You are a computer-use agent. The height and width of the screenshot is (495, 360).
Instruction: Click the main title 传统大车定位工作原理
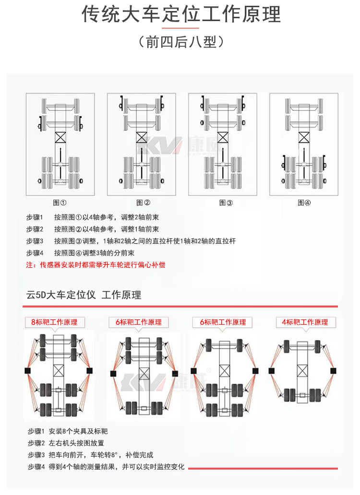click(181, 15)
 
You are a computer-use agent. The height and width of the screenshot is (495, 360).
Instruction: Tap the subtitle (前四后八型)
click(181, 42)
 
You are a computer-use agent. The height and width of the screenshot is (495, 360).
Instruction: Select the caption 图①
click(60, 202)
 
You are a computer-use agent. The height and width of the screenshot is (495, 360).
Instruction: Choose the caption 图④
click(304, 202)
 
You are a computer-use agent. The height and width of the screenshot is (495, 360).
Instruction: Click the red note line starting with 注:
click(96, 264)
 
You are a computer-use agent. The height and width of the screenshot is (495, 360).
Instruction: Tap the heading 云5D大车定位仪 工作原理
click(84, 295)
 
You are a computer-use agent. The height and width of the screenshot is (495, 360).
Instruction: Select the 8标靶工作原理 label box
click(54, 322)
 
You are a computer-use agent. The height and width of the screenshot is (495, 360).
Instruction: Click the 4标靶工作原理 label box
click(305, 322)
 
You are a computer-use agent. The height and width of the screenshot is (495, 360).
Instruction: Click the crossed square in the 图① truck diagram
click(60, 137)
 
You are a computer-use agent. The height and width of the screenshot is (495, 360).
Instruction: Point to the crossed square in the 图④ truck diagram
click(304, 137)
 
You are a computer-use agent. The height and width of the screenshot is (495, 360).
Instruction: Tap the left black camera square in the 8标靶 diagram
click(27, 371)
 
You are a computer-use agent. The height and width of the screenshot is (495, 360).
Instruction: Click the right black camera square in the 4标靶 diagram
click(333, 371)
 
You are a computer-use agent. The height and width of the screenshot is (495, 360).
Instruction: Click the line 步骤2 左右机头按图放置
click(72, 443)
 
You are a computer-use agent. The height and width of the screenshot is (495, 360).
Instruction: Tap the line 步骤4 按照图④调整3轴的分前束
click(80, 253)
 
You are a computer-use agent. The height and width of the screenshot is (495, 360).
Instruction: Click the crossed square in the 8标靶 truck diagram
click(59, 371)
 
